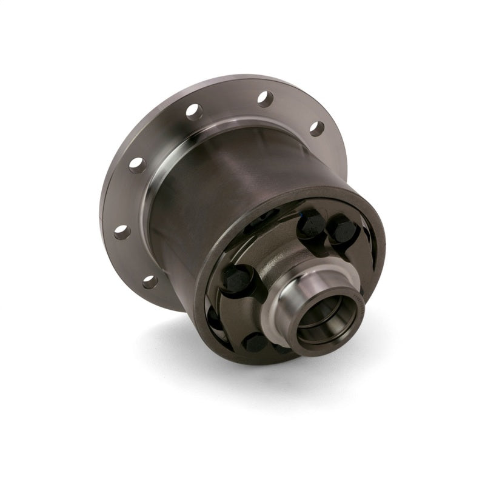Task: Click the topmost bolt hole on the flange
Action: click(x=264, y=99)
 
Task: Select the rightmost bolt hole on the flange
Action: click(x=316, y=129)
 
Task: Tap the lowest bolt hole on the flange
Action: click(x=150, y=281)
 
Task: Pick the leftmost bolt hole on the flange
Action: click(x=121, y=232)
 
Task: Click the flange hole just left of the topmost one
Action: click(x=193, y=111)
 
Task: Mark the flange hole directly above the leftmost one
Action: click(x=137, y=164)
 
